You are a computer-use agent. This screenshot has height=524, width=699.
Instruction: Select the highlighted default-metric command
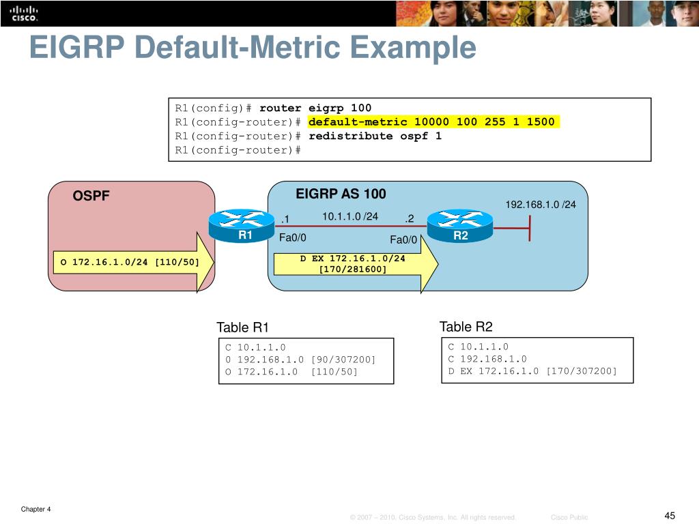point(431,122)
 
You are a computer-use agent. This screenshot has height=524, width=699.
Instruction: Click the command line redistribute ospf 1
point(375,136)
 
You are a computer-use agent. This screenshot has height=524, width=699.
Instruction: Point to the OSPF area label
point(91,196)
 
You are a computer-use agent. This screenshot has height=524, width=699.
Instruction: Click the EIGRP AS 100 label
point(341,194)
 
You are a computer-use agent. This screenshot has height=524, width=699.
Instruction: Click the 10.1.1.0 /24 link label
point(350,217)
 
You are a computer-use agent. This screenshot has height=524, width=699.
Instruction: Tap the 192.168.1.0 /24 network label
point(540,205)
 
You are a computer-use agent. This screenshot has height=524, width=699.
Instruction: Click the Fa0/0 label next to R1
point(293,238)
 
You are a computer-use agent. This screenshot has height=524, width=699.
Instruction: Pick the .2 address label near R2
point(409,219)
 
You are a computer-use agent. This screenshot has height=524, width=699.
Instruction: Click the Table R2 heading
point(466,327)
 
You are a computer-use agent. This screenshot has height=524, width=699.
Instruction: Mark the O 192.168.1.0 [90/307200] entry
point(300,360)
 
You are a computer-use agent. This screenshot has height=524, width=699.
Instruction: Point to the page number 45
point(670,515)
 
